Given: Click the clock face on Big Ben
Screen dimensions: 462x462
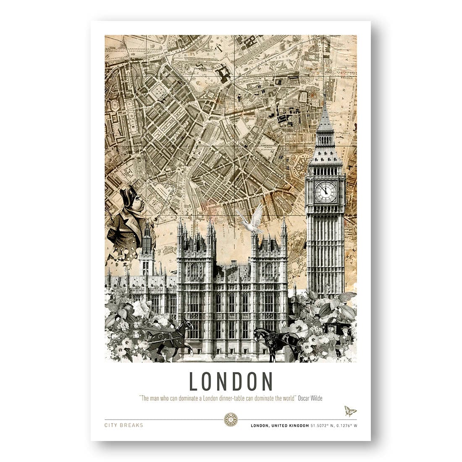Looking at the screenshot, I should (325, 192).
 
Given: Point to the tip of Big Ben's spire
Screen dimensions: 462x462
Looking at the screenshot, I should (324, 96).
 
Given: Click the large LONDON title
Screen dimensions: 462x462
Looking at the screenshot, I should (231, 381).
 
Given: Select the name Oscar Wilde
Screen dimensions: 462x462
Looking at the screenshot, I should (310, 398).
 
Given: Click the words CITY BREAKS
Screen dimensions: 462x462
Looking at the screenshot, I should (124, 425).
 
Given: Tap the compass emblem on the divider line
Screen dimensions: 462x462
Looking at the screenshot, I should (231, 419).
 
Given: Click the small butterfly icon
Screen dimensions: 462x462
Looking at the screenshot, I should (350, 411).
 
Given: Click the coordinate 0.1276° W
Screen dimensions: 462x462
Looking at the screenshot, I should (348, 425).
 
